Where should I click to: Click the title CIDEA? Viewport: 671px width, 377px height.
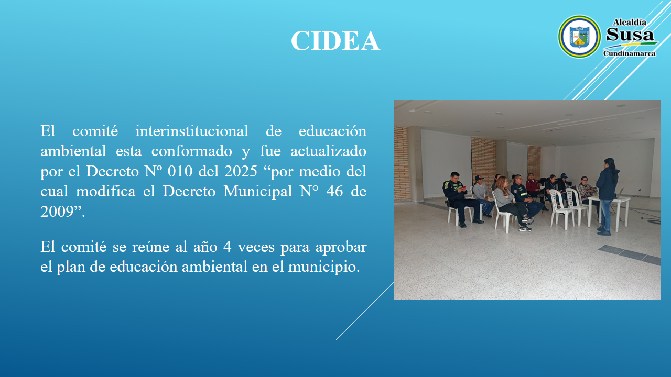pos(335,41)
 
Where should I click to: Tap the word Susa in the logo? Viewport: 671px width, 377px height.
pos(630,35)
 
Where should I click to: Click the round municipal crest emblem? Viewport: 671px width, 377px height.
pos(579,37)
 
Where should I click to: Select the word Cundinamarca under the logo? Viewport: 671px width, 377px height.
pos(630,53)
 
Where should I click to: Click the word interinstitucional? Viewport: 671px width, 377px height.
pos(192,131)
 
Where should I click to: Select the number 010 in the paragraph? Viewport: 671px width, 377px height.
pos(180,171)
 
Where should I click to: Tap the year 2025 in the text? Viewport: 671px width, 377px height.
pos(241,171)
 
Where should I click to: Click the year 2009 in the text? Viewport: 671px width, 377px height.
pos(57,212)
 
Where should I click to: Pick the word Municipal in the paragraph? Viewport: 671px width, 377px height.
pos(257,192)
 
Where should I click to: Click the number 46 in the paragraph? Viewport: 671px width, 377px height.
pos(334,192)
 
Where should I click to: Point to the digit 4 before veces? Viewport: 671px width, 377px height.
pos(228,247)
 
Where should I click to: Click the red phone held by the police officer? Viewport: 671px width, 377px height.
pos(464,187)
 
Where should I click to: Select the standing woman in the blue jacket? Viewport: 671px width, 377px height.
pos(607,196)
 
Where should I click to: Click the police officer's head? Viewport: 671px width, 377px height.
pos(454,178)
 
